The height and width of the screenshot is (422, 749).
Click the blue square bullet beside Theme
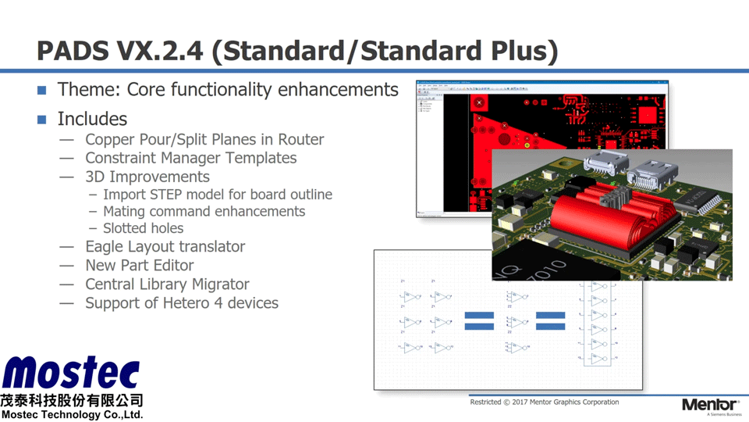(x=42, y=90)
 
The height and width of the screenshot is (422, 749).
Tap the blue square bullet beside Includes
(x=42, y=120)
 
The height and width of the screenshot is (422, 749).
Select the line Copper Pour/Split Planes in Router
(x=204, y=139)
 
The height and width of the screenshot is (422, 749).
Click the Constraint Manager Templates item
(x=190, y=158)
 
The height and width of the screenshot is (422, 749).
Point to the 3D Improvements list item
(x=147, y=177)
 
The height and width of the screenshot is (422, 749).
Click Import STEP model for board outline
(x=218, y=195)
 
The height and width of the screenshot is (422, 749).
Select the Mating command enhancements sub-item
(x=204, y=212)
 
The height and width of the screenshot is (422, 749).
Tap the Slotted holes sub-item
(x=143, y=228)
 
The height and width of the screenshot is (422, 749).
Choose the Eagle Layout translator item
(x=165, y=247)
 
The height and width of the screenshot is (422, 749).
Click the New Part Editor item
(x=139, y=266)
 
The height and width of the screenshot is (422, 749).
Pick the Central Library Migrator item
(x=167, y=284)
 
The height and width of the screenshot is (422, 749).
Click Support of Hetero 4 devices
(x=181, y=303)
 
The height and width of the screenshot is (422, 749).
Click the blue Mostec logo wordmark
(x=71, y=374)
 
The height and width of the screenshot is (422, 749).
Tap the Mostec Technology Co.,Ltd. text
(x=72, y=415)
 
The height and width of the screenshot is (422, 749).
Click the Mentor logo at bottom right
(x=709, y=405)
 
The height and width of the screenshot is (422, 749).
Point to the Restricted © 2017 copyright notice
(x=544, y=402)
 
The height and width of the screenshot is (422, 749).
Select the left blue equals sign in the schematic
(x=479, y=320)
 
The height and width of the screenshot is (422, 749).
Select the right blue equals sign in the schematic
(x=550, y=320)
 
